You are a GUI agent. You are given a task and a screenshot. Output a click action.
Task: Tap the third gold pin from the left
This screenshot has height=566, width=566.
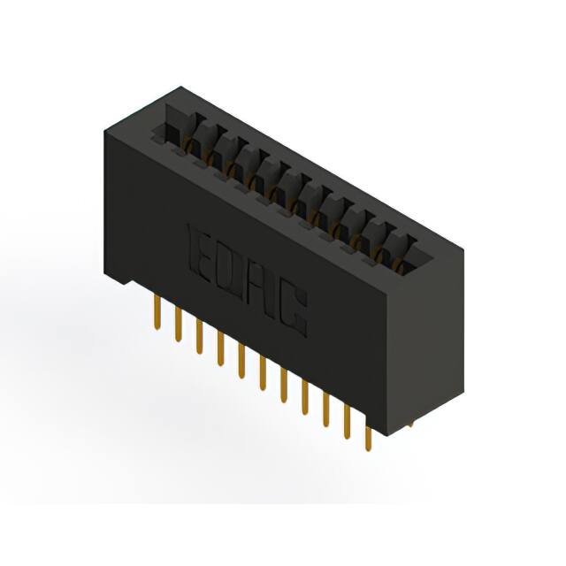click(x=200, y=335)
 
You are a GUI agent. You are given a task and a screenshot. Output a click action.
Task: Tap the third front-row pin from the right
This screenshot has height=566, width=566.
click(x=326, y=410)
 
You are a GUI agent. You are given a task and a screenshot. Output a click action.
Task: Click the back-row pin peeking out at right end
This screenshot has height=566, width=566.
click(x=408, y=426)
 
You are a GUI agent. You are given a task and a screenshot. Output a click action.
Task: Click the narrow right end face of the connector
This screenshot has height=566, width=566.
click(x=424, y=345)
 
